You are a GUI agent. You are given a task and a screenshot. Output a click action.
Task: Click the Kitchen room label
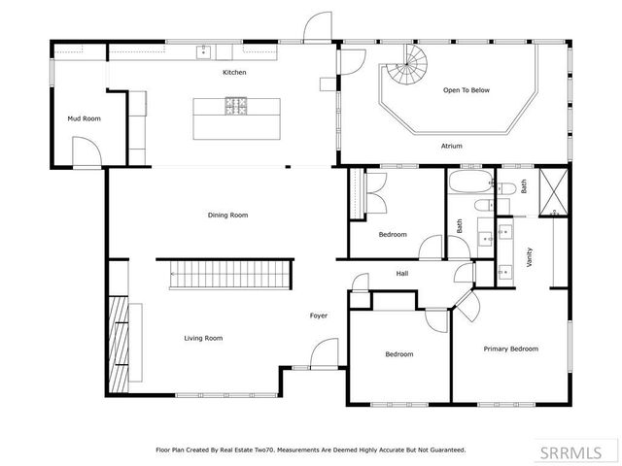[234, 73]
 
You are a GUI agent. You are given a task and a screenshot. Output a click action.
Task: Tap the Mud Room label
[84, 118]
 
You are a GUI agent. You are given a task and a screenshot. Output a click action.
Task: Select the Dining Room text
[228, 215]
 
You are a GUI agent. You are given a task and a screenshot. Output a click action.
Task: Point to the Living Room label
[204, 338]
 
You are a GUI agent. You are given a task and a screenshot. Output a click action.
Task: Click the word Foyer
[319, 316]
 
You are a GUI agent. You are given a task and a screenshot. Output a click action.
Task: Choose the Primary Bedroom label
[511, 349]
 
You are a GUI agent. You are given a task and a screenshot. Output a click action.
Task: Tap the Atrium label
[451, 146]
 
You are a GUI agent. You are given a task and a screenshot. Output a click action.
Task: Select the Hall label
[401, 274]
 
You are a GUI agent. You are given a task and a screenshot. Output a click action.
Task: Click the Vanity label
[529, 257]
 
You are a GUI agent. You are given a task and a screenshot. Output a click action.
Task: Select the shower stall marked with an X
[555, 191]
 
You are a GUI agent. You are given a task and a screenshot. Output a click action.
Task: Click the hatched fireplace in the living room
[119, 346]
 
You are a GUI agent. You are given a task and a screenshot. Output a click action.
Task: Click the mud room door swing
[86, 151]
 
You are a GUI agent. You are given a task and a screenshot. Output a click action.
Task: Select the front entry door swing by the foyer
[327, 355]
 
